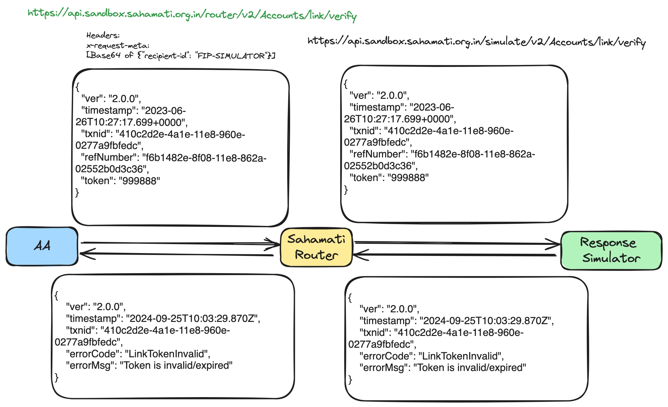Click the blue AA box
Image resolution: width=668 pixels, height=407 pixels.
pos(42,246)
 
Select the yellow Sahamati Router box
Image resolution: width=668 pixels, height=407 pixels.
pos(316,247)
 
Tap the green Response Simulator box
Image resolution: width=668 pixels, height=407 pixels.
pos(611,251)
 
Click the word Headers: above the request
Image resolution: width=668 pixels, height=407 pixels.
pos(103,35)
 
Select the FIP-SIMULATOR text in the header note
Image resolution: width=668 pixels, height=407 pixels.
pos(231,56)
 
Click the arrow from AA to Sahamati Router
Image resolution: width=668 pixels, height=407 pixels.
pos(179,243)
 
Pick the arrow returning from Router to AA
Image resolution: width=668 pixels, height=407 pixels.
pos(176,254)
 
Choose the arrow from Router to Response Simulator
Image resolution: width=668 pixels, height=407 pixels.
pos(456,243)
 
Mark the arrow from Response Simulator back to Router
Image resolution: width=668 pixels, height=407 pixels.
pos(456,255)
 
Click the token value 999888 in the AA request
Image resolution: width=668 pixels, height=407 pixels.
pos(139,181)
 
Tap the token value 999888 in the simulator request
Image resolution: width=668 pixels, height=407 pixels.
pos(408,178)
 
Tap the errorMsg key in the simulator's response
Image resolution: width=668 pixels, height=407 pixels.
pos(385,368)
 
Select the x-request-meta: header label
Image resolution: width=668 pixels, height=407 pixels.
pos(118,46)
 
